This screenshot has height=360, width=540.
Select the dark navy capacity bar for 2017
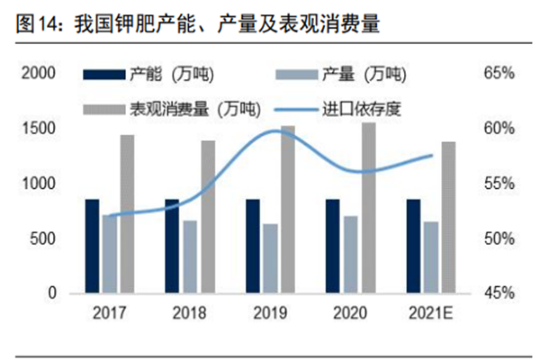coord(92,246)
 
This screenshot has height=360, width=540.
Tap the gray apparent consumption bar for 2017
coord(127,213)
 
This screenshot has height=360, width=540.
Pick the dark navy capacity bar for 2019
coord(253,246)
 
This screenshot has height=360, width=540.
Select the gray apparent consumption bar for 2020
coord(368,208)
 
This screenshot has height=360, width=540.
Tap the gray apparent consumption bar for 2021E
coord(448,217)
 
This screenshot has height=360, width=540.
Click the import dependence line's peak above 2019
coord(279,130)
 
